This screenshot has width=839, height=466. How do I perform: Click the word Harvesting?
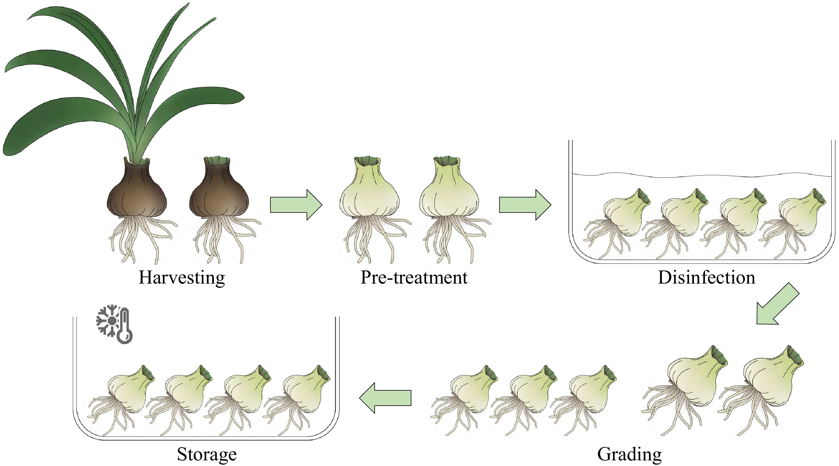181,278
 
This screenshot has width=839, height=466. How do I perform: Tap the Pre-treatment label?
414,278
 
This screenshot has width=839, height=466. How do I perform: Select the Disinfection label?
706,278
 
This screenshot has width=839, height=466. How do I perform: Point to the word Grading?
629,454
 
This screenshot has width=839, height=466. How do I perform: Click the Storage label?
207,454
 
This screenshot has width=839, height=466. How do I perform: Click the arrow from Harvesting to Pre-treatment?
296,205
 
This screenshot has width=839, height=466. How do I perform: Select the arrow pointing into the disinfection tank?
525,205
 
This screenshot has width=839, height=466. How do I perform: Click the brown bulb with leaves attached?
137,192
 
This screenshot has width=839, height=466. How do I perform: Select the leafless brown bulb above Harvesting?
219,192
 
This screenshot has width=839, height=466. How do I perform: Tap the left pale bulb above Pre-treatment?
369,192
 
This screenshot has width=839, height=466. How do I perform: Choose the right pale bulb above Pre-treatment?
450,192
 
